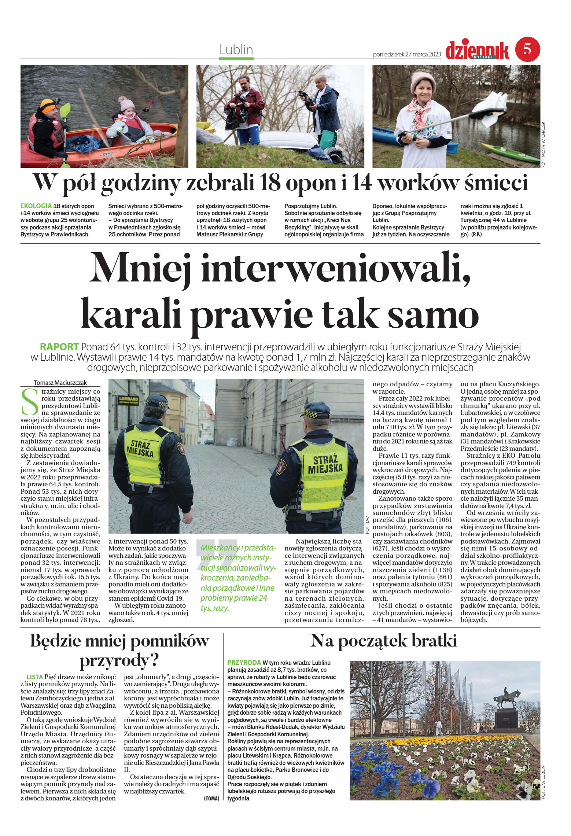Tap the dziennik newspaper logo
[477, 51]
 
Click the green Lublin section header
[236, 49]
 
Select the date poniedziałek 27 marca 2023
[406, 54]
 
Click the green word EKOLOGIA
[36, 206]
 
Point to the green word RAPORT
[59, 347]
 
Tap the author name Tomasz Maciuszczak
[60, 383]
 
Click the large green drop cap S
[30, 402]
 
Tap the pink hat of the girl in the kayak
[126, 103]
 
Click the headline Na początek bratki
[383, 640]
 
